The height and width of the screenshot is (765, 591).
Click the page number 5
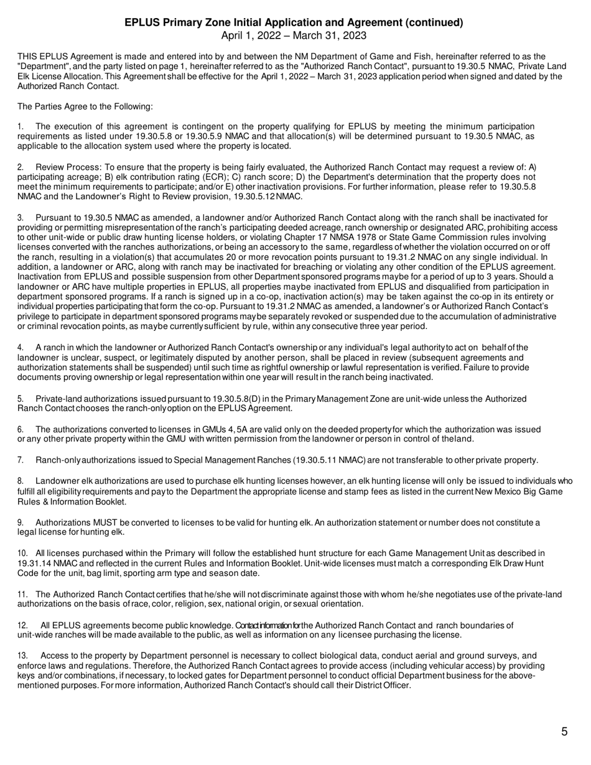[564, 732]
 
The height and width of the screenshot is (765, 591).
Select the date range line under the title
[294, 35]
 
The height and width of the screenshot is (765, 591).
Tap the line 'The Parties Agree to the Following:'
[85, 106]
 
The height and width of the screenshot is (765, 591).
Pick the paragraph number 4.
[21, 348]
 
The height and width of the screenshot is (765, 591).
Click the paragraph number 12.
[22, 625]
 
